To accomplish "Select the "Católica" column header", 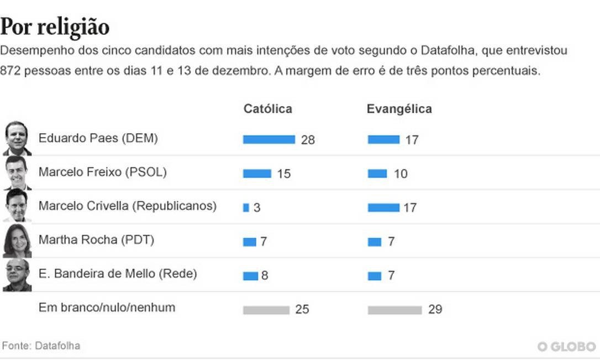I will click(x=267, y=109).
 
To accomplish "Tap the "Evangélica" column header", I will click(x=399, y=109).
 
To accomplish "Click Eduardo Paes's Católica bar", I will click(x=269, y=140).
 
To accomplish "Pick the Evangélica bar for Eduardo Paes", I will click(x=383, y=140).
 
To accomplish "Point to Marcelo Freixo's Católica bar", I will click(x=257, y=174).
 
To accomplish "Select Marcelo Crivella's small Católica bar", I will click(x=246, y=208).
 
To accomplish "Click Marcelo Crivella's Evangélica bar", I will click(x=383, y=208).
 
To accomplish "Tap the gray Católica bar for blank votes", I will click(x=266, y=310).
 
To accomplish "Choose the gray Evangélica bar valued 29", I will click(x=394, y=310).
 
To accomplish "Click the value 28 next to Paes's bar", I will click(x=308, y=140).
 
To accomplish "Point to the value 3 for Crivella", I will click(x=257, y=208).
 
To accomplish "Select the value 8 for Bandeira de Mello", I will click(x=265, y=276).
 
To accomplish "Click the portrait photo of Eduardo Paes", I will click(x=17, y=139).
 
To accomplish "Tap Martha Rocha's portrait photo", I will click(x=17, y=241).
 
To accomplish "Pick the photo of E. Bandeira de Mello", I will click(x=17, y=274).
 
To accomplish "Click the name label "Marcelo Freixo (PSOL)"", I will click(x=102, y=172).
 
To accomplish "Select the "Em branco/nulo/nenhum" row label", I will click(x=107, y=308).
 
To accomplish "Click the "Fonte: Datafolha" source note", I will click(x=41, y=346).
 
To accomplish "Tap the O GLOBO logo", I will click(x=567, y=346).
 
